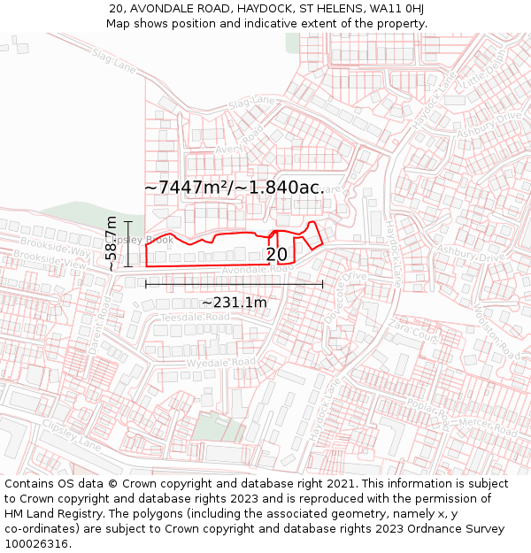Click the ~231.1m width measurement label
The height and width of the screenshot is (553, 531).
234,303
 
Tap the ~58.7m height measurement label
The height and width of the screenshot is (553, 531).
111,243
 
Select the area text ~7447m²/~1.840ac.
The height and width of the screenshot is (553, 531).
235,188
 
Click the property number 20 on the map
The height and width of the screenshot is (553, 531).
276,255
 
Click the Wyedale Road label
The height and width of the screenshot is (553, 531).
219,363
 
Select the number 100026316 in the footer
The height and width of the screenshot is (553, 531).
37,543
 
